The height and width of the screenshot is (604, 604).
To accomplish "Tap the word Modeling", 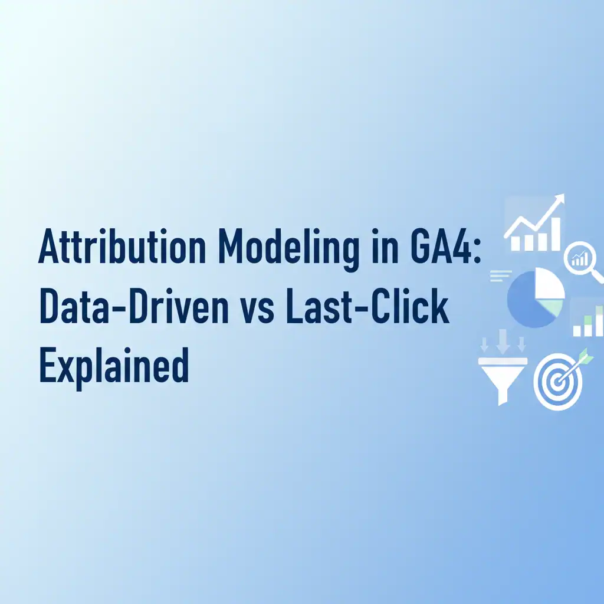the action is point(288,248).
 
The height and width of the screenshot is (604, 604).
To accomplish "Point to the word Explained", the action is point(114,365).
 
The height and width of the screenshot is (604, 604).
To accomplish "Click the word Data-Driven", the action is point(134,306).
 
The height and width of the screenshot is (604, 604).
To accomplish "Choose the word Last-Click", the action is point(367,306).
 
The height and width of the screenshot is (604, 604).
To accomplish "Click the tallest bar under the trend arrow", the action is point(556,234).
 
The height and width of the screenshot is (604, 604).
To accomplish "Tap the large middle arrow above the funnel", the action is point(503,341).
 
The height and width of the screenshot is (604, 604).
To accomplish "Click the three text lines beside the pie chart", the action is point(500,276).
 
